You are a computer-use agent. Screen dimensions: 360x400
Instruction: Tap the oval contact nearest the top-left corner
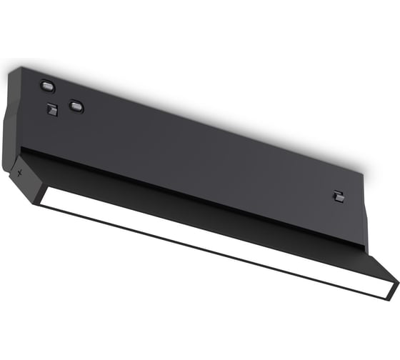click(47, 86)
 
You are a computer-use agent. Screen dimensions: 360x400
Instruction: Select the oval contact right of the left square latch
click(76, 106)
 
